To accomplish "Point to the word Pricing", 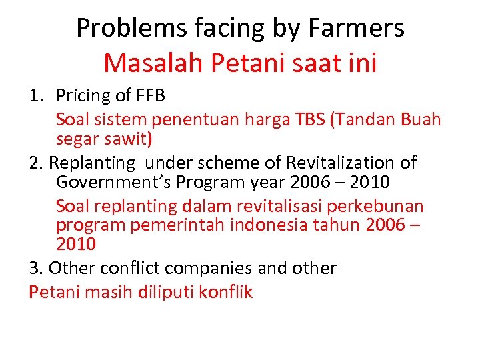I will point(84,96).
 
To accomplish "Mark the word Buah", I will point(421,120).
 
